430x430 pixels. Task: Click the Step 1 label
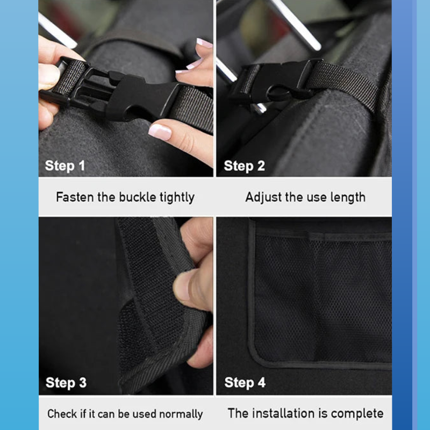click(x=65, y=166)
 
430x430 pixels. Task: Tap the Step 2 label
click(x=244, y=166)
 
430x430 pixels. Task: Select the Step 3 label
click(x=66, y=383)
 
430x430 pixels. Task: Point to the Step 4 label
click(x=245, y=383)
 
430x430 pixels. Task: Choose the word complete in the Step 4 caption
click(x=357, y=413)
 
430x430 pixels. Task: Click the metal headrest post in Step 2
click(x=295, y=24)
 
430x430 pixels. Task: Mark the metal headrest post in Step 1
click(x=56, y=30)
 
